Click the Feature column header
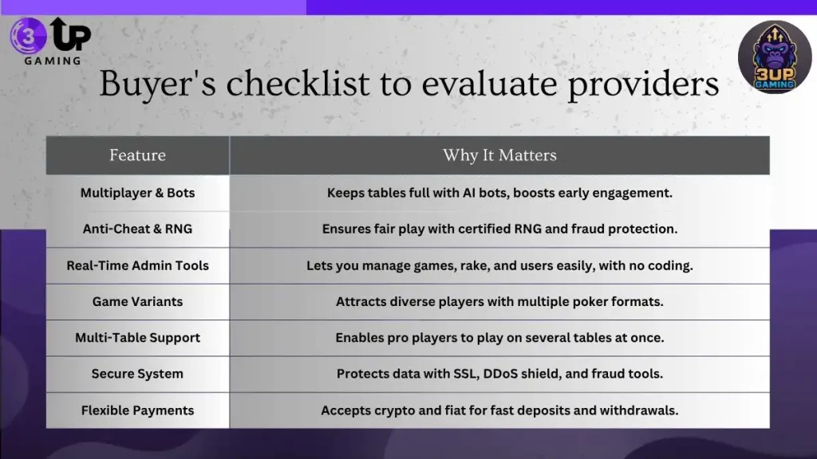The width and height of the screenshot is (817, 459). (x=137, y=155)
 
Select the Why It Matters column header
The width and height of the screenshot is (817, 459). (x=499, y=155)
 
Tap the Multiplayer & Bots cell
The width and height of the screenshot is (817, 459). (x=137, y=193)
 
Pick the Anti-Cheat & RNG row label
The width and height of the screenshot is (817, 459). (x=137, y=229)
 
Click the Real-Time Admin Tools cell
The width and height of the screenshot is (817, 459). (x=137, y=265)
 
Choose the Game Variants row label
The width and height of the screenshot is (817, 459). (x=137, y=302)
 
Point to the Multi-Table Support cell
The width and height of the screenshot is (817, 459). (x=137, y=338)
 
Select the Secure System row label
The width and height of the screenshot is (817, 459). (x=137, y=374)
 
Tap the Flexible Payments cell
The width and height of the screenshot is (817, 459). (x=137, y=410)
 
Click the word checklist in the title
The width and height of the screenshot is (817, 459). (x=298, y=83)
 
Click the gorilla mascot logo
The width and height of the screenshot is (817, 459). (x=775, y=57)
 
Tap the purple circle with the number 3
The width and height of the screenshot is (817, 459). (x=28, y=36)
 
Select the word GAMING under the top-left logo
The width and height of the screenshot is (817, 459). (x=53, y=61)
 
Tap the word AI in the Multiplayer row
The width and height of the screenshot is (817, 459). (x=468, y=193)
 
